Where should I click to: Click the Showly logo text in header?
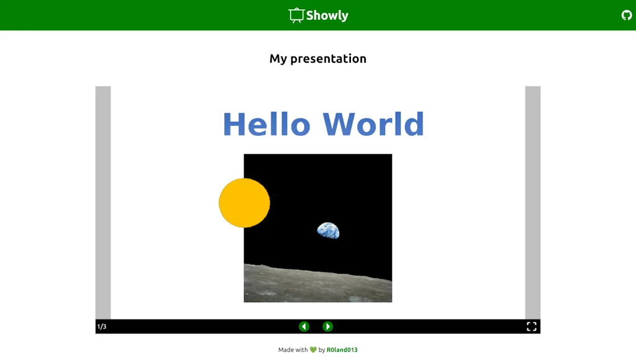coord(327,16)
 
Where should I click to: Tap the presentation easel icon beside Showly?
coord(296,16)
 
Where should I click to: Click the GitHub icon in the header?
coord(627,15)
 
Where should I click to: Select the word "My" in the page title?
coord(278,59)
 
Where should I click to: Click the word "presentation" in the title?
coord(328,59)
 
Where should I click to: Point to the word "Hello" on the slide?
coord(266,124)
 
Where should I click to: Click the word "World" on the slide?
coord(373,124)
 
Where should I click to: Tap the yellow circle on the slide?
coord(244,202)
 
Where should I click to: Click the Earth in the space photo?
coord(329,231)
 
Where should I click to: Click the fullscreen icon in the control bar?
coord(532,326)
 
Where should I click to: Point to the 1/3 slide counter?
coord(101,326)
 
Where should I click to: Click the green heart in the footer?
coord(313,350)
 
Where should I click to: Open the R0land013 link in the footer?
coord(342,350)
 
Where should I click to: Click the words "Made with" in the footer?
coord(293,350)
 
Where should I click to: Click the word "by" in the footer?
coord(322,350)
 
